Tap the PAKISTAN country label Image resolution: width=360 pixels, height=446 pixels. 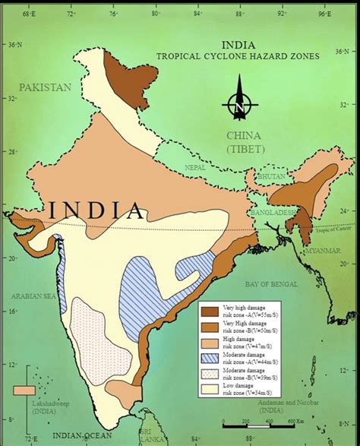click(x=46, y=87)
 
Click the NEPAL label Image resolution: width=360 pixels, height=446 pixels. click(x=197, y=166)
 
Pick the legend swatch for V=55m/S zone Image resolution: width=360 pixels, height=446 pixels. click(x=210, y=311)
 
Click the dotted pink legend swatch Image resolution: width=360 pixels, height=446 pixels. click(x=210, y=374)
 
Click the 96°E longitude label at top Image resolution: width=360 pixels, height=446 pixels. click(x=326, y=14)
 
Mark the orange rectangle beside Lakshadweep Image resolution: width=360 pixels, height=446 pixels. click(x=24, y=390)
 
